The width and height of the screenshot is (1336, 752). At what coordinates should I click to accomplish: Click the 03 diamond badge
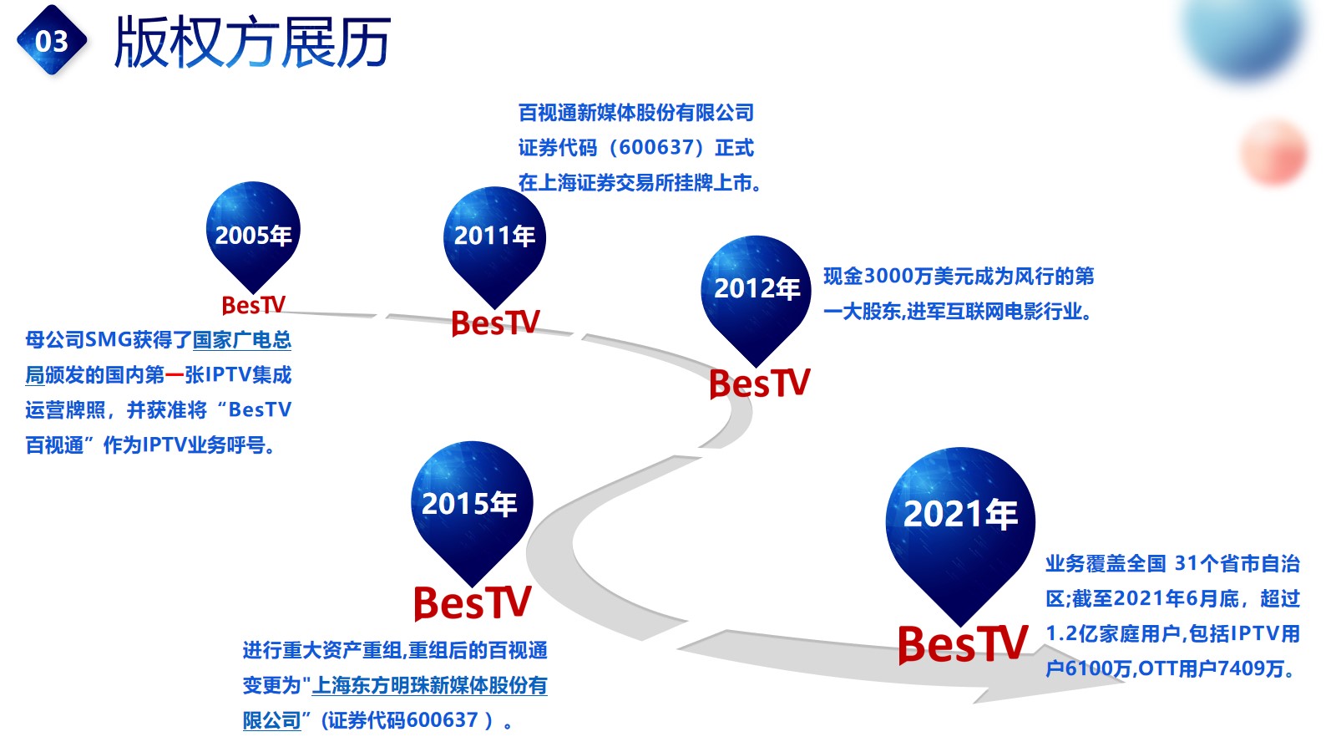click(52, 40)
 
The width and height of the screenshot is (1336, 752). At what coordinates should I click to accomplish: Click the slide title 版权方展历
click(252, 42)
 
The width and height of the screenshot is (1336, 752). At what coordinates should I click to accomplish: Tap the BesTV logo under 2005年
click(254, 305)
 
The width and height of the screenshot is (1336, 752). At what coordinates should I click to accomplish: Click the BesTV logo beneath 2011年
click(496, 323)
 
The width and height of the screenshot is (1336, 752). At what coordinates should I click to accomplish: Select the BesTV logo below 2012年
click(760, 384)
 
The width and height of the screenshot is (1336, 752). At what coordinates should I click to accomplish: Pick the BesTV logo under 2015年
click(473, 602)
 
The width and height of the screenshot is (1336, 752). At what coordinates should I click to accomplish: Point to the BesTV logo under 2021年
click(963, 644)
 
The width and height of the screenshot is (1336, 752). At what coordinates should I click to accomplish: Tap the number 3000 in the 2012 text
click(888, 277)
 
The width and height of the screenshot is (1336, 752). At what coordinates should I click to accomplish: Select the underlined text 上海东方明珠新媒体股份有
click(429, 685)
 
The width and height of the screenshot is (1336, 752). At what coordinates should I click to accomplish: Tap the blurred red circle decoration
click(1274, 151)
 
